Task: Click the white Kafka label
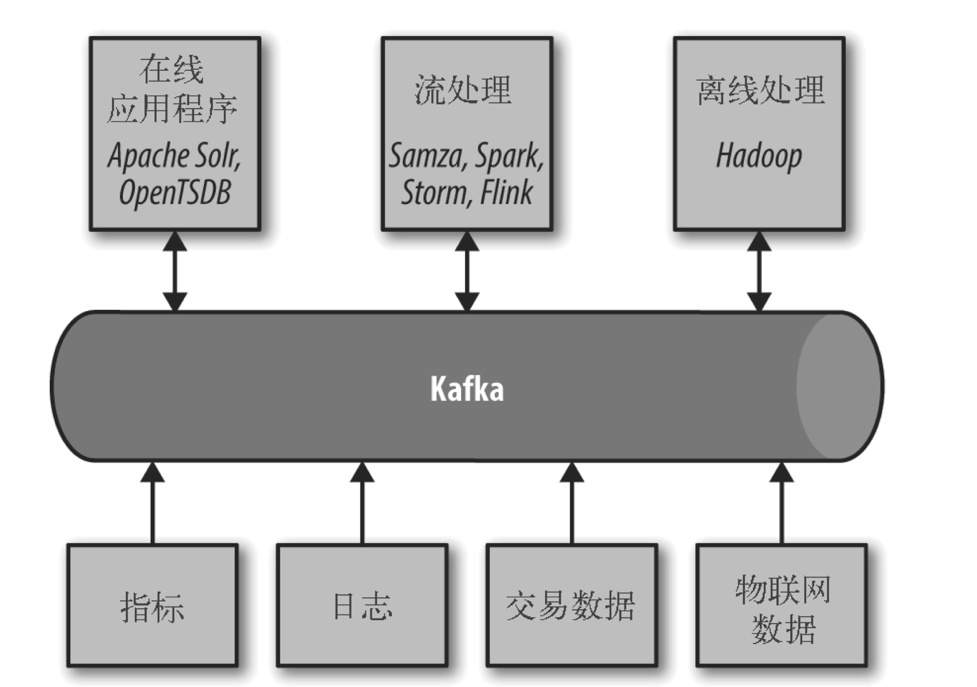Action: (x=467, y=388)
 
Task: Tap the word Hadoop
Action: (x=759, y=155)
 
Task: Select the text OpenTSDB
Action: (x=175, y=193)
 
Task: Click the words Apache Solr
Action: (x=174, y=155)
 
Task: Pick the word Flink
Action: (x=506, y=192)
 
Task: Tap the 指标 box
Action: (x=152, y=606)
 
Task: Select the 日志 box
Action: (x=362, y=606)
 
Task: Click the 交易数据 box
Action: (x=572, y=606)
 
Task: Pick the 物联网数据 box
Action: (x=782, y=606)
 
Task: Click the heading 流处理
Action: (x=463, y=89)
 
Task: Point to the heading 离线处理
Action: (x=760, y=89)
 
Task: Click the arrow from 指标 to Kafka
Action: (x=152, y=503)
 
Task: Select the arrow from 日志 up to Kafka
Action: (x=362, y=503)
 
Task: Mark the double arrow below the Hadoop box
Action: (x=759, y=271)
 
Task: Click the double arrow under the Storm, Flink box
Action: (x=467, y=271)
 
